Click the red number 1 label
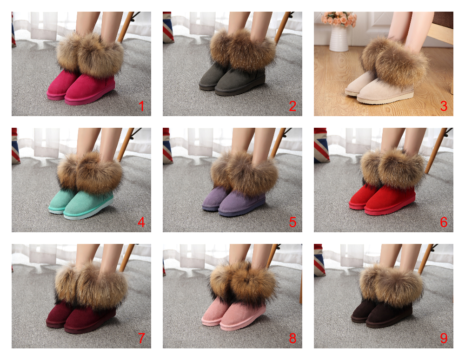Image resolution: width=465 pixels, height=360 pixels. point(141,106)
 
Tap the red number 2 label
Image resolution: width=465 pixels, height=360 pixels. point(292,106)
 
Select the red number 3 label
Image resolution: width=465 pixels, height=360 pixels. point(444,106)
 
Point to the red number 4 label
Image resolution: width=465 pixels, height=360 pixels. point(141,222)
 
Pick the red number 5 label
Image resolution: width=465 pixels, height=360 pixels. point(292,222)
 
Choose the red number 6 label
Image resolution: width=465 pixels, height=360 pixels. point(444,222)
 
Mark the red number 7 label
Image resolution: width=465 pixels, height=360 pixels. point(141,338)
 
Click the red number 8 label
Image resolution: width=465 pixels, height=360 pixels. point(292,338)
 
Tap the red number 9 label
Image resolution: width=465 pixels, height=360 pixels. point(444,338)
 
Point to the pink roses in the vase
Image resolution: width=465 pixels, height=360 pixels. point(339,19)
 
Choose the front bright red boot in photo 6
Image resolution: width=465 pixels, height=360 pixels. point(390,198)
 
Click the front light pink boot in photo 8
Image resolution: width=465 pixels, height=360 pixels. point(243,314)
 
